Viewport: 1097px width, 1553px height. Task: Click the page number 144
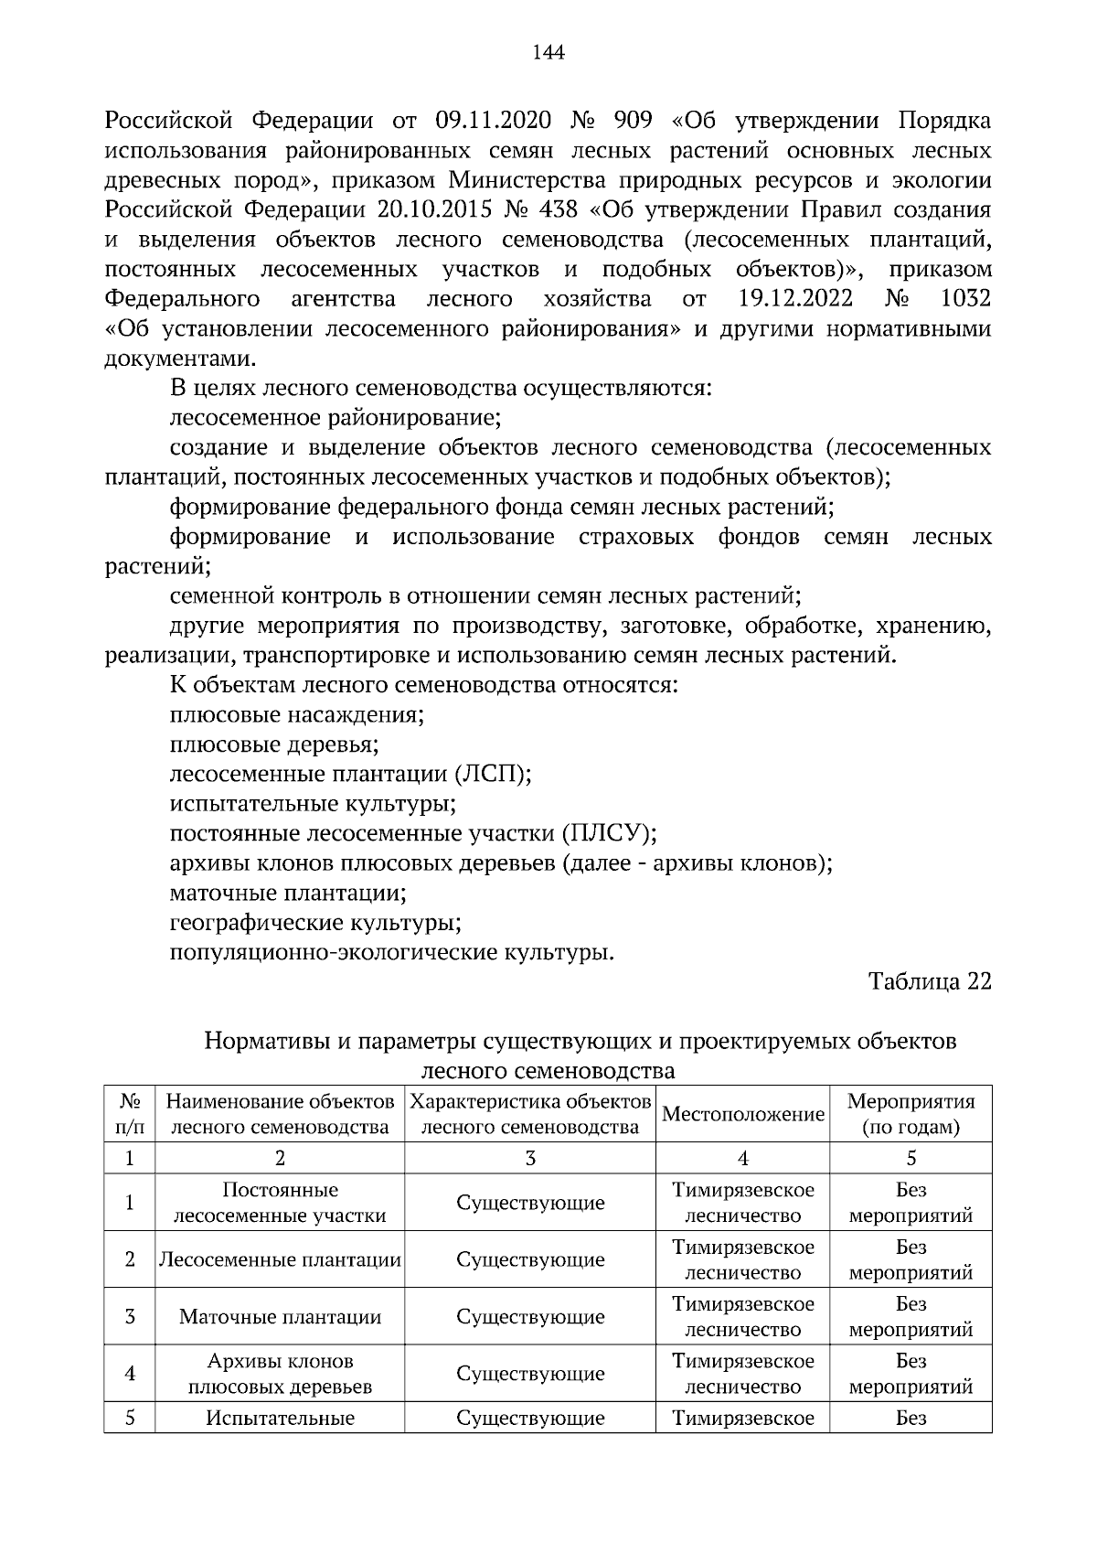tap(548, 52)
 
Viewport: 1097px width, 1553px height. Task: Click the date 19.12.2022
tap(794, 299)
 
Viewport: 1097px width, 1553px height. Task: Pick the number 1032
tap(965, 299)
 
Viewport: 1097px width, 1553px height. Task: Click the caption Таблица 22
tap(930, 981)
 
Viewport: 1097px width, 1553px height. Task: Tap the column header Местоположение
tap(742, 1114)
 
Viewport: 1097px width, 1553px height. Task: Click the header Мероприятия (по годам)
tap(911, 1114)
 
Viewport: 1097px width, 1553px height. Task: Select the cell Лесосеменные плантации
tap(280, 1259)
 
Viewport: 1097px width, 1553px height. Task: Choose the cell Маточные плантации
tap(280, 1317)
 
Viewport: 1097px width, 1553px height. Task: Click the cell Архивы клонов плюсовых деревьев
tap(280, 1374)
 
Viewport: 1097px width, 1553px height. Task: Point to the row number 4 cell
tap(130, 1374)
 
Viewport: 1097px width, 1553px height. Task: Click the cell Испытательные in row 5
tap(280, 1419)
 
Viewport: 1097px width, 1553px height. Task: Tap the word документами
tap(180, 359)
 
